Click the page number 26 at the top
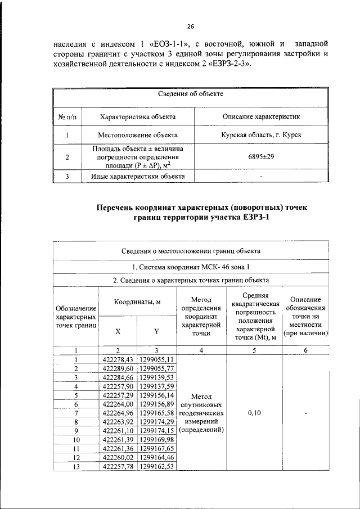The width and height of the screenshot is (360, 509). (191, 26)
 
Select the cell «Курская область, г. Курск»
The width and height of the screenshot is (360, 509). (261, 136)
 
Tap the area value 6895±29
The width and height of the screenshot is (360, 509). (261, 157)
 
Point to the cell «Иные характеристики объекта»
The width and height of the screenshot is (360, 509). (138, 176)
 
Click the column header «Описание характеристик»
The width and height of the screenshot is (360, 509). (261, 116)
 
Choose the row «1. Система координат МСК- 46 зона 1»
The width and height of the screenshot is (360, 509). (191, 265)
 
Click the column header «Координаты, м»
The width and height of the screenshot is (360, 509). (138, 302)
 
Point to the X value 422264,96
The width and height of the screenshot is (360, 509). (118, 413)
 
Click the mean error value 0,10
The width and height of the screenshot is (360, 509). (254, 413)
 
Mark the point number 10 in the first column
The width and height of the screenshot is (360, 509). (75, 439)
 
